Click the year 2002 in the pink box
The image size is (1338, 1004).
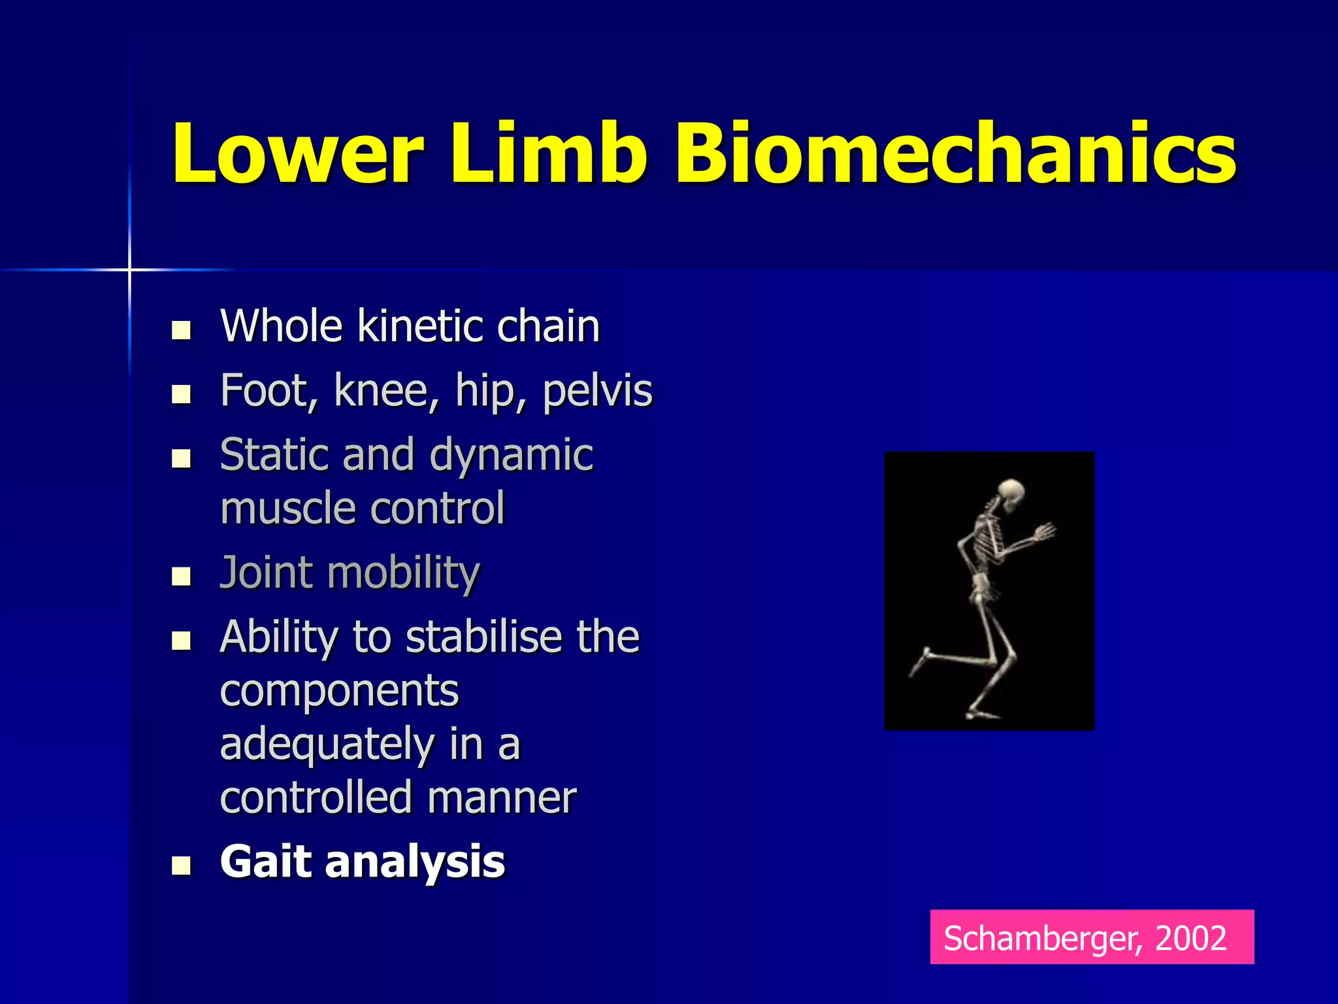point(1190,938)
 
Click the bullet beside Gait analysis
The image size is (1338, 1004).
point(181,865)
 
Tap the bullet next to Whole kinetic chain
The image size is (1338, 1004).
point(181,329)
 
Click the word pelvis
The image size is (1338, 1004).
point(597,391)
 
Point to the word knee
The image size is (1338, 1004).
point(386,391)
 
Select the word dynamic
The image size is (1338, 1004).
point(512,456)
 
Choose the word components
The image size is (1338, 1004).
point(340,692)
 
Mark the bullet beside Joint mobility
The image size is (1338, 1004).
point(181,577)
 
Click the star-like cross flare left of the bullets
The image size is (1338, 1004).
point(129,269)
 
